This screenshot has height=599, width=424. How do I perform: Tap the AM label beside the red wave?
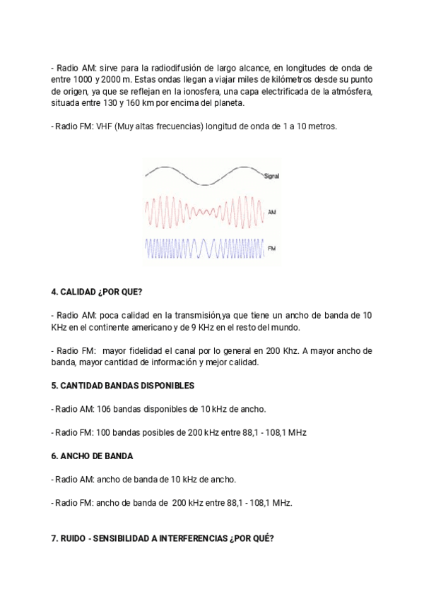pyautogui.click(x=271, y=211)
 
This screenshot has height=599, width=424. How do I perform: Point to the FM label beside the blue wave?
pyautogui.click(x=271, y=248)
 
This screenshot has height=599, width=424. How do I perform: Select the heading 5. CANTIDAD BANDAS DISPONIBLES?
pyautogui.click(x=122, y=386)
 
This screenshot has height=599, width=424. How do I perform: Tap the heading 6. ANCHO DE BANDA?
pyautogui.click(x=92, y=456)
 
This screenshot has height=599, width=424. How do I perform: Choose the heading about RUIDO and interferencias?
pyautogui.click(x=163, y=538)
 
